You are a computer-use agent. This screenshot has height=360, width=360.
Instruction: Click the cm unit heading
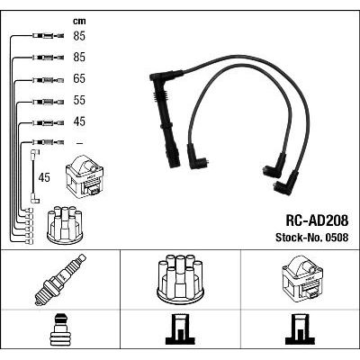click(79, 21)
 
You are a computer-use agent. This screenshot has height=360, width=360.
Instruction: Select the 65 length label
click(79, 78)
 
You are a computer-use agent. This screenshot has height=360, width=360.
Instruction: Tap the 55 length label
click(79, 100)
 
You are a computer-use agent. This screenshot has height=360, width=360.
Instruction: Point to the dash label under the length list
click(79, 143)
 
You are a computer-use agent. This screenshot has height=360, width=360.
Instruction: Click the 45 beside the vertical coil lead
click(44, 177)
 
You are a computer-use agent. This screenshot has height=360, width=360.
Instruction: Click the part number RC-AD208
click(317, 220)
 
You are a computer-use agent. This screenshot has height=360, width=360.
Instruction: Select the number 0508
click(336, 238)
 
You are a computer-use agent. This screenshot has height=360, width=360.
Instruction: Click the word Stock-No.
click(298, 238)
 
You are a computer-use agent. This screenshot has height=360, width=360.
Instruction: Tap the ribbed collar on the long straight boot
click(160, 96)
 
